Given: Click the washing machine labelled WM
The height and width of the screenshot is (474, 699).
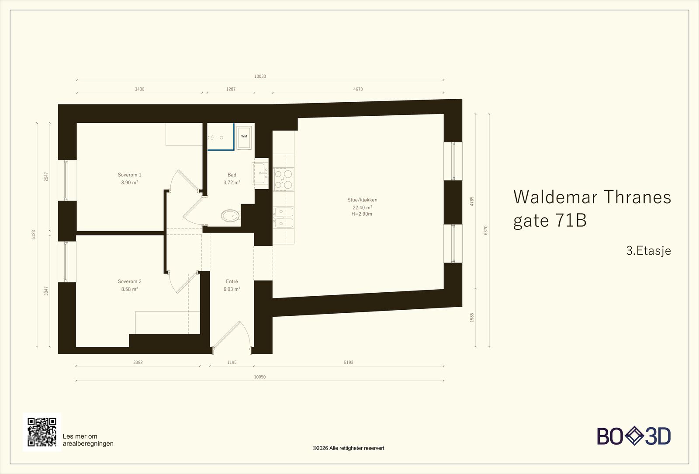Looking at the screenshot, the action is (x=244, y=137).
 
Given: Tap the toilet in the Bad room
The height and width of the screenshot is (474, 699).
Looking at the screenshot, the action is (x=231, y=216).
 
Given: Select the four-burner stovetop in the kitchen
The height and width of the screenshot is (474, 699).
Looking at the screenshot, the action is (x=284, y=180).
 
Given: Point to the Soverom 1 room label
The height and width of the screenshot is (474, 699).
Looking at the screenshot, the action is (x=129, y=175).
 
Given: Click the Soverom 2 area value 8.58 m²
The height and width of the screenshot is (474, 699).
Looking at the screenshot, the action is (x=129, y=289).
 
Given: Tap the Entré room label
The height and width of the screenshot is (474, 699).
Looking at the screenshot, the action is (x=232, y=281).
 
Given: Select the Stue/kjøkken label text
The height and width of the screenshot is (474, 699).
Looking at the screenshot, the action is (x=362, y=200).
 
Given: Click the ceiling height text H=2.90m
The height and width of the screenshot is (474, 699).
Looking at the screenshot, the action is (x=362, y=214).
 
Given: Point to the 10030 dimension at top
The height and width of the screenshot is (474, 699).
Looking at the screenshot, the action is (x=260, y=76).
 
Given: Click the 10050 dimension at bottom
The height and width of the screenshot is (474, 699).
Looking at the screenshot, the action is (x=260, y=377).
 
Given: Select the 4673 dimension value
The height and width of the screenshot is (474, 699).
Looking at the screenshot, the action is (x=358, y=89).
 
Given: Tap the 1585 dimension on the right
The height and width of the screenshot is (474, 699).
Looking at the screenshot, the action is (x=472, y=318).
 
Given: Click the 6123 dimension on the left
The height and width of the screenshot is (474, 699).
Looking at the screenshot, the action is (x=34, y=235).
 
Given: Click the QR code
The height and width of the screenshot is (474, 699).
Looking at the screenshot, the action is (x=42, y=432).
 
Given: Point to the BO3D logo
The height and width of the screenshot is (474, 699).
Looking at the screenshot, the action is (x=634, y=436).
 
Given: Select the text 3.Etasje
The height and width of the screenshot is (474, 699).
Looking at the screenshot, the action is (x=648, y=251).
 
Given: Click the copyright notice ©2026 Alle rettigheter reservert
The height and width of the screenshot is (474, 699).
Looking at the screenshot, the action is (x=348, y=448).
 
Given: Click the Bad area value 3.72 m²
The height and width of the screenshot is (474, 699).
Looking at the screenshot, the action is (x=232, y=183).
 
